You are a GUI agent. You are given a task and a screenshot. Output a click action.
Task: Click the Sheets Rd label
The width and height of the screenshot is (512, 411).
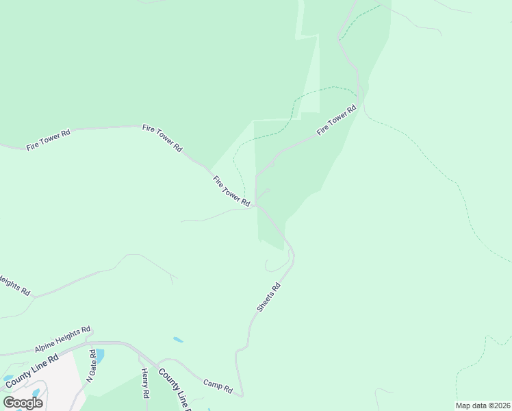(269, 299)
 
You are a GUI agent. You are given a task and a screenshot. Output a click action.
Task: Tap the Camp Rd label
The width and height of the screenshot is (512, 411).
(218, 386)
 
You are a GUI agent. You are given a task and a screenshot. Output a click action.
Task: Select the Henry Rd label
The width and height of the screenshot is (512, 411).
(145, 384)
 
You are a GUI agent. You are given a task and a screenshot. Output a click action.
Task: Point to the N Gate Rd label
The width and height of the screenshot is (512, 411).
(91, 366)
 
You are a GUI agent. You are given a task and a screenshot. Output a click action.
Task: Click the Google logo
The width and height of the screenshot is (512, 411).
(23, 402)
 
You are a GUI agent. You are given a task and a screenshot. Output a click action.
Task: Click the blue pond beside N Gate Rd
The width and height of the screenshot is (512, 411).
(100, 356)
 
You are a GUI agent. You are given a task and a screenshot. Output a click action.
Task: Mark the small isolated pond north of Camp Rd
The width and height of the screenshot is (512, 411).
(178, 339)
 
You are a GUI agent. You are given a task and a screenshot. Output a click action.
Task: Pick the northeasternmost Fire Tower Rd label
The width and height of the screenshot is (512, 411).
(337, 120)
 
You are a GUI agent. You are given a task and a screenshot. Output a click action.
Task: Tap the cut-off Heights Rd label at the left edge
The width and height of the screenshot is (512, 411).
(14, 284)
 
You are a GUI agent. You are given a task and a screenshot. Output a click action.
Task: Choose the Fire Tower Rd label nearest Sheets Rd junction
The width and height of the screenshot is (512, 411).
(231, 191)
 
